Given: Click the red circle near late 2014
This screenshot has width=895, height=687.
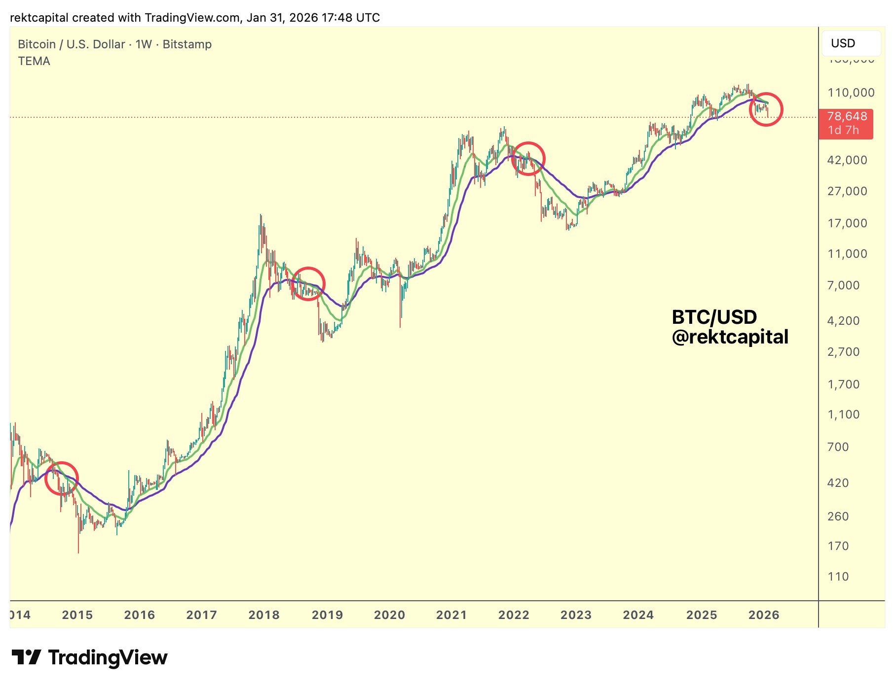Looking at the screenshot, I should pos(62,479).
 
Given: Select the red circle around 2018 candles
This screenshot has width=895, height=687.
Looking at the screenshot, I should pos(308,284).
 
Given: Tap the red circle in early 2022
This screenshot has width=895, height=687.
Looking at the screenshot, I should pos(528,159).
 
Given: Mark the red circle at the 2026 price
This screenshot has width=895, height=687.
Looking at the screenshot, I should pos(766,109).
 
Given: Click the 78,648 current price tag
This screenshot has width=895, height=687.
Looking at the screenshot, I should pos(847,117).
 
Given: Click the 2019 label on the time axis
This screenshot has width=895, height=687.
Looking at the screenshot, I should pos(327,615).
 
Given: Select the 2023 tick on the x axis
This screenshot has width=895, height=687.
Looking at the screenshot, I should pos(576,615).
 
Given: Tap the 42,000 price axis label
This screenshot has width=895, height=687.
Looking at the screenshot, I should pos(847,160).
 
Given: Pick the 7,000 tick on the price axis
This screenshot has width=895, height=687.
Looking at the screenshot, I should pos(843,285).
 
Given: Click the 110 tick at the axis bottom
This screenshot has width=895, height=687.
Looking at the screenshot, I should pos(838,576).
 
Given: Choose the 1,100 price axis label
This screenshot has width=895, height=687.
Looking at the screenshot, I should pos(843,414).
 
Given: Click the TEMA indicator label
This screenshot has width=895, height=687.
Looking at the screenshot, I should pos(34,61).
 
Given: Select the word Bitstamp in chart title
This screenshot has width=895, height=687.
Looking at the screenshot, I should pos(187,44).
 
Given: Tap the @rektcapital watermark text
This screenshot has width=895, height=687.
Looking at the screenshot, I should pos(730,337).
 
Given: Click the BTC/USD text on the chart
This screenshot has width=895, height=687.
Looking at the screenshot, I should pos(714,317).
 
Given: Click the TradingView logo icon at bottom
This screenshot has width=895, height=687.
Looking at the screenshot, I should pos(26,657).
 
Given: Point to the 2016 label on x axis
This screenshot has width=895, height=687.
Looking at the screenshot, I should pos(140,615).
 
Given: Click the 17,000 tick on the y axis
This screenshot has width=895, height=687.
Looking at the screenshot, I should pos(847,223).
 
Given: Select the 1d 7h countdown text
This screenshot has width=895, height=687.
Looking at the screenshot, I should pos(843,130).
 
